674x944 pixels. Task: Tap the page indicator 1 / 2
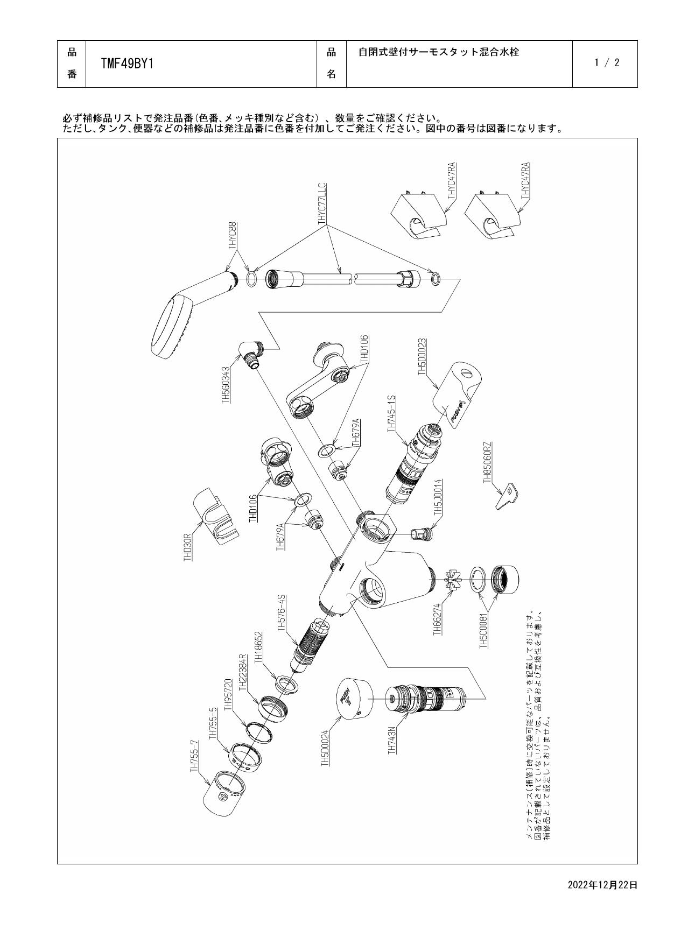click(x=607, y=62)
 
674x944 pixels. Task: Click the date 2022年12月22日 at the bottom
click(x=602, y=884)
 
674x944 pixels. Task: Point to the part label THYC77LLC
click(x=322, y=203)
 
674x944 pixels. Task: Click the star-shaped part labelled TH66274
click(x=451, y=581)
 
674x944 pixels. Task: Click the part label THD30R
click(x=188, y=548)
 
